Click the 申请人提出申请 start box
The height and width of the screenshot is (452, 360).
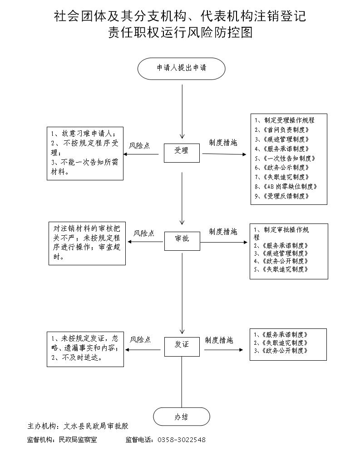click(x=182, y=68)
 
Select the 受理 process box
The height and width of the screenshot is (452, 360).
click(x=182, y=151)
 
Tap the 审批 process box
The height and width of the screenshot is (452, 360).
click(x=182, y=238)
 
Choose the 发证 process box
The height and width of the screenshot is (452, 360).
click(x=182, y=345)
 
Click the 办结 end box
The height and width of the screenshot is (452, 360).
click(x=182, y=417)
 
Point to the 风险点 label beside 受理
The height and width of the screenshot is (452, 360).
click(x=139, y=146)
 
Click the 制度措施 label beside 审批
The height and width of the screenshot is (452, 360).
click(x=223, y=232)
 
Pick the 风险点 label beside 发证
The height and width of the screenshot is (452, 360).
click(x=140, y=339)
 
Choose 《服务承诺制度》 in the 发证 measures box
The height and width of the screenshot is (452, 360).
click(x=282, y=335)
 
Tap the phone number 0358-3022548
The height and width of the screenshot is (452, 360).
click(x=182, y=440)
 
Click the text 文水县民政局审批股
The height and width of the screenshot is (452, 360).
click(x=97, y=427)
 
